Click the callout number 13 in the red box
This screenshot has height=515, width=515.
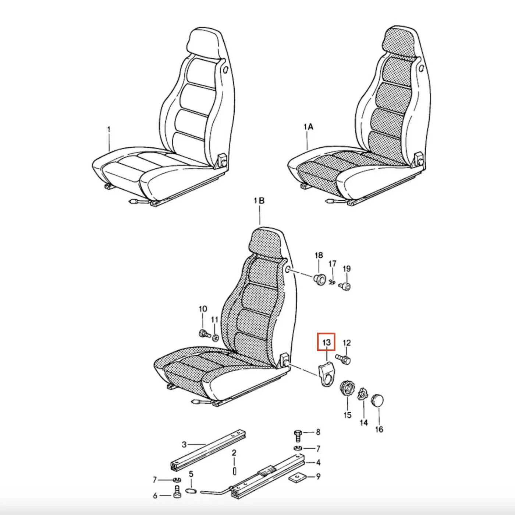tap(326, 342)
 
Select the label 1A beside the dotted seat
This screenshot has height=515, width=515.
tap(308, 127)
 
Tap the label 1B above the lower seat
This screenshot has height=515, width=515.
tap(259, 200)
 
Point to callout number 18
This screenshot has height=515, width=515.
tap(319, 255)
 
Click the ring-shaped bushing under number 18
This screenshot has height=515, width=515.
tap(319, 279)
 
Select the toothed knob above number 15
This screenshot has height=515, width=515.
tap(347, 390)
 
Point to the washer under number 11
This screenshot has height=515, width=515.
tap(215, 338)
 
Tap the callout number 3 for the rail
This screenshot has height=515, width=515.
tap(184, 445)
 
